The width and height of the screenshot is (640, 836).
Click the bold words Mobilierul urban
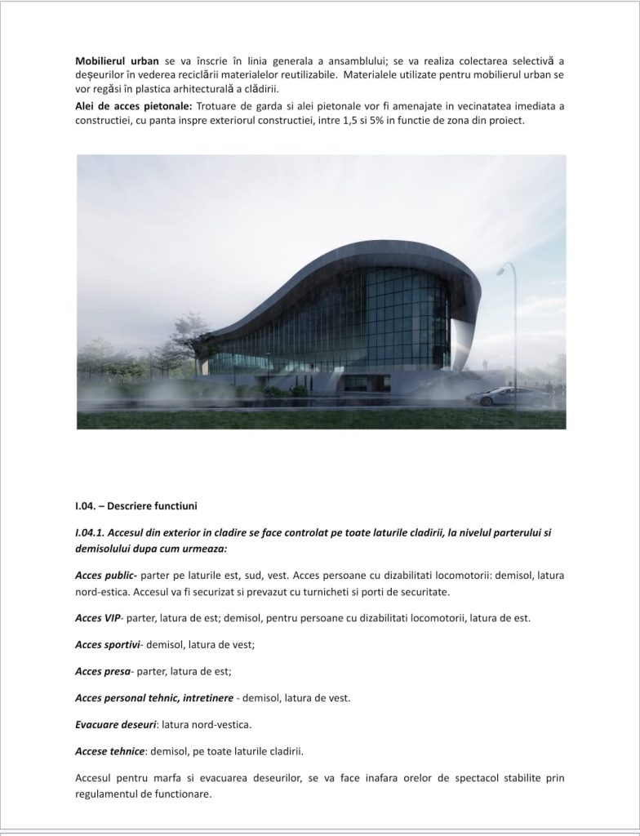(x=113, y=61)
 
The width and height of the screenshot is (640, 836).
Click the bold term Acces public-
(x=106, y=576)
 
